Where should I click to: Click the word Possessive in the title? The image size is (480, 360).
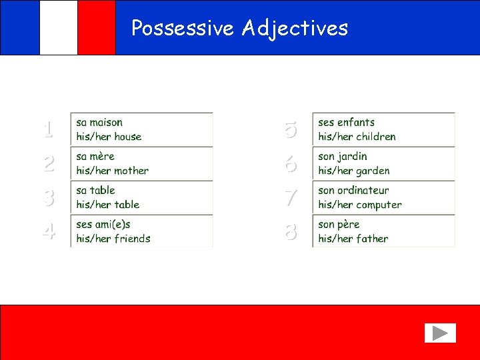tap(183, 28)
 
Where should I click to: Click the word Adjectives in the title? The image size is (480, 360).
tap(295, 28)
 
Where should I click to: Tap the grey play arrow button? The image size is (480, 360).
tap(439, 333)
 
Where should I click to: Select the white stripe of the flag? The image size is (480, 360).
tap(59, 27)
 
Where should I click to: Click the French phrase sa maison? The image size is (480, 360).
tap(99, 123)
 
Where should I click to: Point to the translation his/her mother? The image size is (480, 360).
tap(112, 171)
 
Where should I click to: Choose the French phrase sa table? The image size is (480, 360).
tap(95, 191)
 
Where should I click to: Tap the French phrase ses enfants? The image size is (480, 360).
tap(346, 123)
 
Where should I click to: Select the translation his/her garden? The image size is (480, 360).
tap(353, 171)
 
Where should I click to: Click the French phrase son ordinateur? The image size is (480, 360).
tap(353, 191)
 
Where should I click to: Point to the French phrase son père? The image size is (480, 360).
tap(339, 225)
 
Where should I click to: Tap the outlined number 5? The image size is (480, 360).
tap(290, 129)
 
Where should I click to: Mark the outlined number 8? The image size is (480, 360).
tap(290, 231)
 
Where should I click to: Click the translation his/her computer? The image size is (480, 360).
tap(359, 205)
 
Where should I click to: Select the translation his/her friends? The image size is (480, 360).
tap(113, 239)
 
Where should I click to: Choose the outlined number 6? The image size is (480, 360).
tap(290, 163)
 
